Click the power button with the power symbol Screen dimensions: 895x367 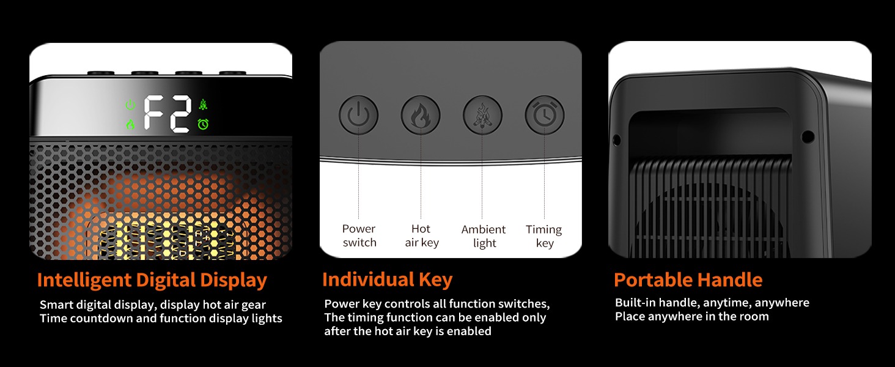click(x=358, y=115)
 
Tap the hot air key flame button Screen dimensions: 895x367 click(x=421, y=115)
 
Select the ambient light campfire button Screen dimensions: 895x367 click(x=482, y=115)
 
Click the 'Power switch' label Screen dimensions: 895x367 click(x=359, y=235)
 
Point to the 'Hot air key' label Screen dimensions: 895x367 click(x=422, y=235)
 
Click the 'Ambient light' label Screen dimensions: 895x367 click(x=484, y=236)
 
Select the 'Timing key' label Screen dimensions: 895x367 click(x=544, y=236)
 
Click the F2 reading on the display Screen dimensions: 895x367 click(x=167, y=114)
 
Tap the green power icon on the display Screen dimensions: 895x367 click(x=130, y=105)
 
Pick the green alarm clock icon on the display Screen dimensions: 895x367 click(x=203, y=124)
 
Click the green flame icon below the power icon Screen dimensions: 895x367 click(x=130, y=124)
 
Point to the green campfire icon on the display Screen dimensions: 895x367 click(x=203, y=105)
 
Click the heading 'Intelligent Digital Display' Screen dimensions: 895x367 click(x=152, y=280)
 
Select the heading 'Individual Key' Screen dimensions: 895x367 click(x=387, y=280)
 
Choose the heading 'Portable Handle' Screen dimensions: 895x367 click(x=688, y=280)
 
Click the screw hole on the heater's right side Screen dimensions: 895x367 click(x=808, y=137)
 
